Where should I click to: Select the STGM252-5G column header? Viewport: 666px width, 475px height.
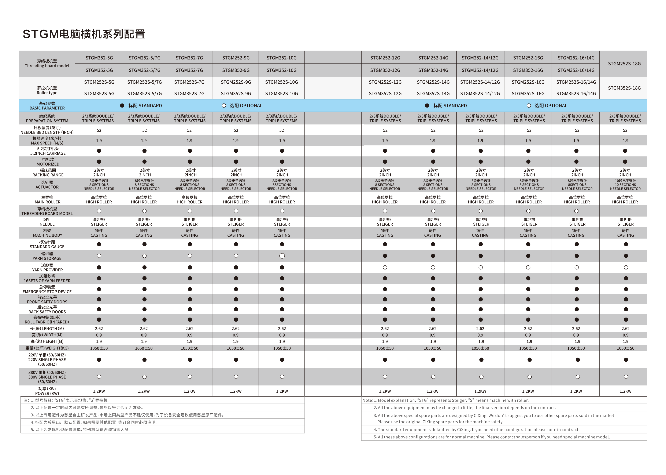[x=99, y=58]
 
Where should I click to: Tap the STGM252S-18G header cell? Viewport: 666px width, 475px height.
[x=624, y=64]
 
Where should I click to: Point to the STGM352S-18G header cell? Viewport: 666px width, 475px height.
[x=624, y=88]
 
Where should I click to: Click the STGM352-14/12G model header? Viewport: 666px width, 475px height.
[x=480, y=70]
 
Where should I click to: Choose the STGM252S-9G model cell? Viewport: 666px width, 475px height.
[x=236, y=82]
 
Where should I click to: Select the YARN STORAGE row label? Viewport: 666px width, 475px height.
[x=47, y=256]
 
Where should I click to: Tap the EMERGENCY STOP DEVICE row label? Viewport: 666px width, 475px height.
[x=47, y=289]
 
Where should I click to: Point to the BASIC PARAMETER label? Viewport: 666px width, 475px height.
[x=47, y=106]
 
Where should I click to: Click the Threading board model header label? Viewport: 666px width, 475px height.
[x=47, y=64]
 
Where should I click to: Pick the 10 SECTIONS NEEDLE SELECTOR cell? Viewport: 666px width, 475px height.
[x=625, y=185]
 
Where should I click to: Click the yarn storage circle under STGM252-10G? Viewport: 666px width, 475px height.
[x=282, y=256]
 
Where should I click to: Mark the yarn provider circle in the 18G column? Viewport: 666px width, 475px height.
[x=626, y=267]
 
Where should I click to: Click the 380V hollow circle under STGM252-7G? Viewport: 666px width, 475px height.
[x=190, y=377]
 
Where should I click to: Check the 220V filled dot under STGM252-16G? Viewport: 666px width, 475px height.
[x=529, y=360]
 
